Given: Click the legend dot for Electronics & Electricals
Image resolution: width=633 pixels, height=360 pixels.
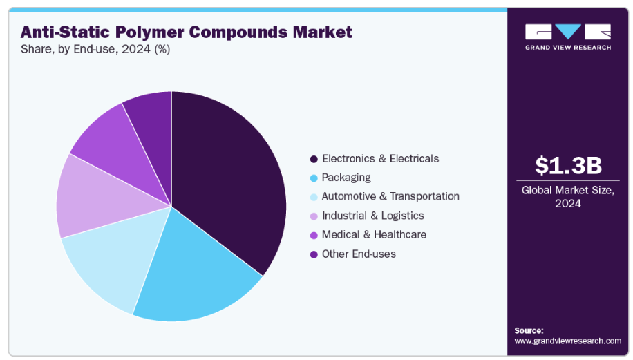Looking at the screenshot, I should click(x=314, y=159).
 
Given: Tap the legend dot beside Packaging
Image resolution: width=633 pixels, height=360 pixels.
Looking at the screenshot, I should click(x=314, y=178).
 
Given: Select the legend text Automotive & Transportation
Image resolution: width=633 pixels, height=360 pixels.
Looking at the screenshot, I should click(x=390, y=196).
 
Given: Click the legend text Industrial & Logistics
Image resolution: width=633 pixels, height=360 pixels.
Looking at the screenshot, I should click(x=373, y=216).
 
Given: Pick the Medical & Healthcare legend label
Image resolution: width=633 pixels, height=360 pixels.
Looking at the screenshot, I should click(x=374, y=234).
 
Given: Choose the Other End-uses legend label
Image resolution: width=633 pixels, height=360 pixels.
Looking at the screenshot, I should click(x=359, y=254).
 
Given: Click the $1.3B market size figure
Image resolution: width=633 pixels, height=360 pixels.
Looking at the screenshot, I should click(x=568, y=166).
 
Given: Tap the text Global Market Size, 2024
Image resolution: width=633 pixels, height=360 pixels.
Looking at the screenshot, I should click(x=568, y=197).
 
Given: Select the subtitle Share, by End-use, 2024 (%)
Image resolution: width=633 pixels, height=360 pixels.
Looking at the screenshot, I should click(x=95, y=49).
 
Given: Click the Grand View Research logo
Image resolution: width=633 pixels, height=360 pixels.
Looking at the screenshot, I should click(x=568, y=37).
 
